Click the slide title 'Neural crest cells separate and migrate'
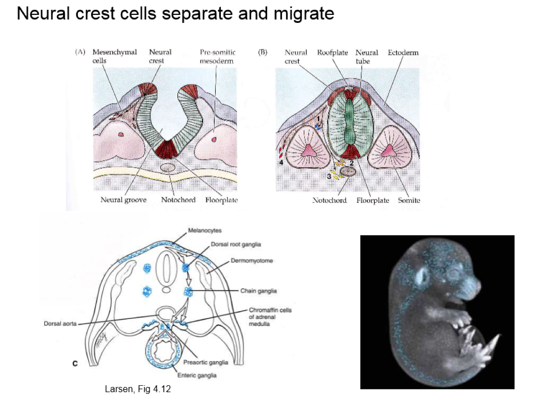tap(175, 14)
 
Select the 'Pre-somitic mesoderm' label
tap(218, 56)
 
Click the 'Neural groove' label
tap(123, 200)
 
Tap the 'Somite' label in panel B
tap(409, 200)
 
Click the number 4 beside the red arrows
tap(282, 163)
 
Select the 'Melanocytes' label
tap(205, 231)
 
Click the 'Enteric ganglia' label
tap(197, 375)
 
